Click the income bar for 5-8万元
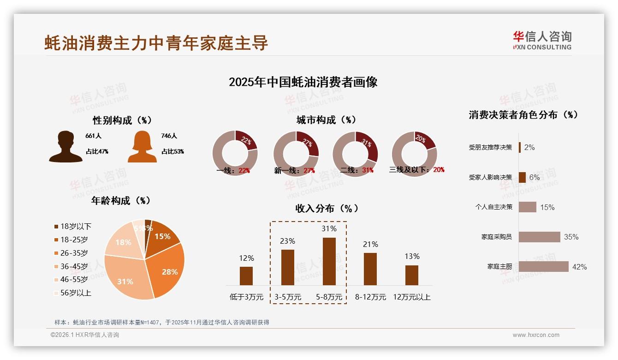pos(329,261)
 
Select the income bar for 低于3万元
pos(246,276)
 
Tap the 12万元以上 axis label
pos(411,297)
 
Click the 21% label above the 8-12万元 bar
pos(370,244)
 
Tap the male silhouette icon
pos(65,147)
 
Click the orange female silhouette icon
pos(142,147)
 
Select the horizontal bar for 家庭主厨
pos(543,266)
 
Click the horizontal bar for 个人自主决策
pos(527,207)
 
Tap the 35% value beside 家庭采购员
pos(571,237)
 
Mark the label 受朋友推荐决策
pos(490,147)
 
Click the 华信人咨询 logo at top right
pos(542,41)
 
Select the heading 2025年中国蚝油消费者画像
pos(303,82)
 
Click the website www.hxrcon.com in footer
pos(536,335)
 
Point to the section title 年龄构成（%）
pos(121,200)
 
